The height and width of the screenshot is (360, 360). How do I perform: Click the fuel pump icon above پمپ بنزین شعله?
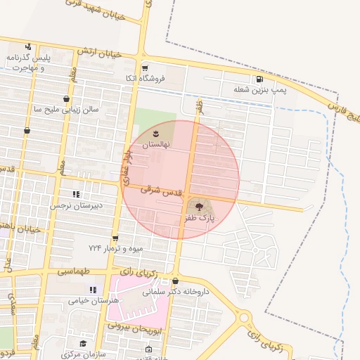click(260, 79)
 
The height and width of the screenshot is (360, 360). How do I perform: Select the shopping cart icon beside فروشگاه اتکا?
click(145, 68)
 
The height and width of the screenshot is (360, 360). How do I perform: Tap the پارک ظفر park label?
click(199, 219)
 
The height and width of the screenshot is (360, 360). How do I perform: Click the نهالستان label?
click(157, 144)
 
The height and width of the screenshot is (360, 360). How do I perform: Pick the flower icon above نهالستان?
click(157, 133)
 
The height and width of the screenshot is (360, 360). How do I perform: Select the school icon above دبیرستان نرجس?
click(75, 194)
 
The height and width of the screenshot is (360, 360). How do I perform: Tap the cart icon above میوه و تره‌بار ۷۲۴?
click(115, 238)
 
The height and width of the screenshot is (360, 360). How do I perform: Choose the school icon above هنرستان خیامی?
click(92, 289)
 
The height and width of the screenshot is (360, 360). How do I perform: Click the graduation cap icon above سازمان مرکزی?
click(83, 343)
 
